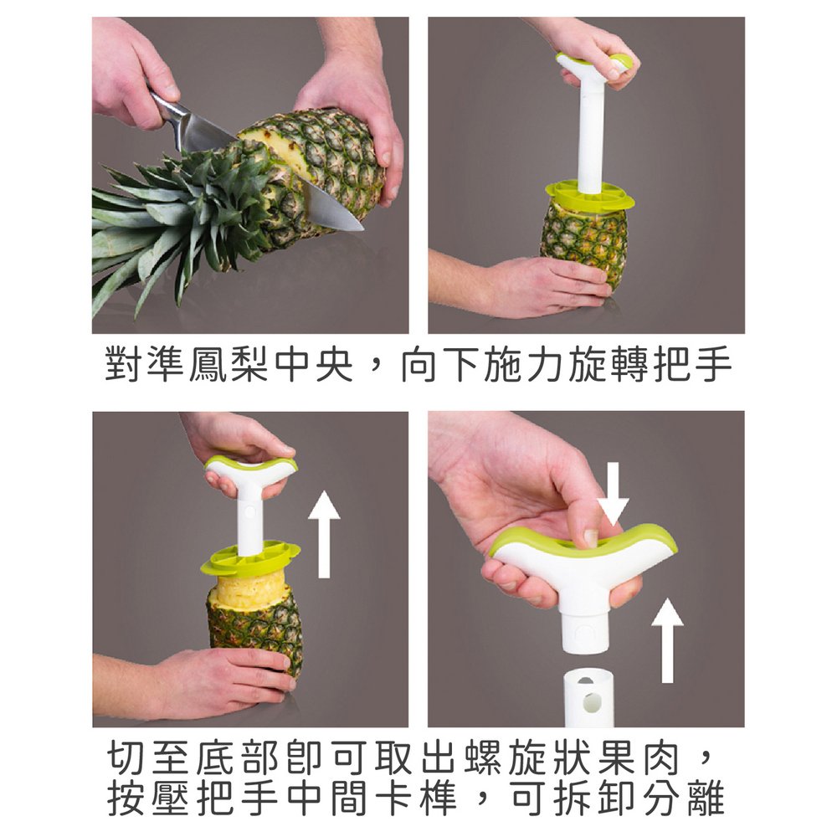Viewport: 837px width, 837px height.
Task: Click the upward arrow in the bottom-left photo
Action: point(324,534)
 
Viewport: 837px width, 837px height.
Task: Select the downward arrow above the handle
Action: point(613,493)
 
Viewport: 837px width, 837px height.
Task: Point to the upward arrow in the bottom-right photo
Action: point(667,640)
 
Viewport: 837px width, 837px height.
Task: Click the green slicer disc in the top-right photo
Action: point(589,196)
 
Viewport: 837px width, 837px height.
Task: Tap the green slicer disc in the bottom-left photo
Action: point(250,557)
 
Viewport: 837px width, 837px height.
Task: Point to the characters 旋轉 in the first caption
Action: point(608,365)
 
